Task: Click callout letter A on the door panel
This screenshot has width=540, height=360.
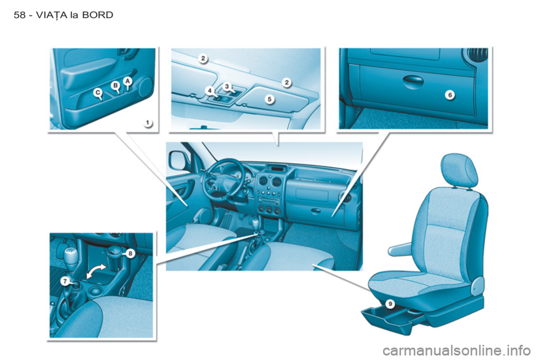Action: click(x=128, y=81)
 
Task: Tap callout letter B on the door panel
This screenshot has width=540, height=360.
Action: click(x=116, y=85)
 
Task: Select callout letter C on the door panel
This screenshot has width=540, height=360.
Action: click(x=98, y=92)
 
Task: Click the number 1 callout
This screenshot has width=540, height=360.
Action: click(x=148, y=123)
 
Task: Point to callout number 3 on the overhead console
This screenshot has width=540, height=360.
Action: click(x=227, y=86)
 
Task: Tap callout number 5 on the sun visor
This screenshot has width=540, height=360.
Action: click(x=269, y=99)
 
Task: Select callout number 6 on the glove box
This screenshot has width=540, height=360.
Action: click(x=450, y=94)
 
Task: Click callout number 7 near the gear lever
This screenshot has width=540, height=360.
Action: click(x=65, y=281)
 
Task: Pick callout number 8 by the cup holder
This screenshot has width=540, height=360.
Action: click(x=130, y=254)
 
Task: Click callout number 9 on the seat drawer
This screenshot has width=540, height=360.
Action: click(x=390, y=304)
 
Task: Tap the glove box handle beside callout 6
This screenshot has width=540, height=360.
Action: click(x=413, y=80)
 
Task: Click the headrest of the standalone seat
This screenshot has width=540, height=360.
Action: click(x=460, y=170)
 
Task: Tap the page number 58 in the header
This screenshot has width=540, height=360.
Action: click(x=20, y=15)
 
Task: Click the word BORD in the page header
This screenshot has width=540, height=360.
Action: click(x=98, y=15)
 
